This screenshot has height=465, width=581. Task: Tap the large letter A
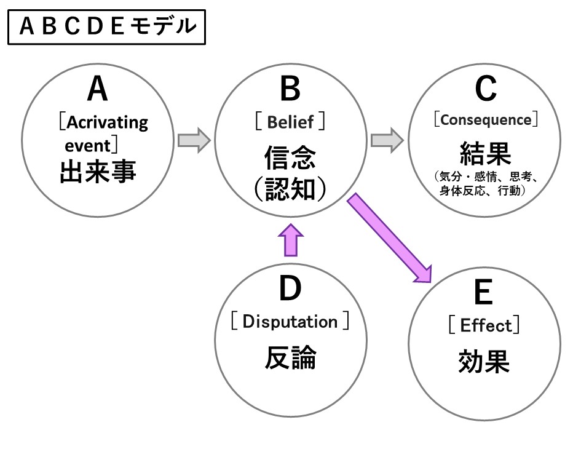point(97,90)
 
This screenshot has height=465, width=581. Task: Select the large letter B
point(290,90)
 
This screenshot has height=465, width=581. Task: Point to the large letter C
point(485,90)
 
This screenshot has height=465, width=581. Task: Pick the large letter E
point(484,294)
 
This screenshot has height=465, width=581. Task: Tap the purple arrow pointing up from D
point(290,239)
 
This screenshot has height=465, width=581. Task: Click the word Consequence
point(486,119)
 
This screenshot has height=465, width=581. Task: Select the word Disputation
point(290,322)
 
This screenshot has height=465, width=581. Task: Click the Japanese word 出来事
point(98,172)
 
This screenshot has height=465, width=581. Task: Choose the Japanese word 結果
point(485,151)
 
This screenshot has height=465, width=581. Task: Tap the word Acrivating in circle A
point(107,122)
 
